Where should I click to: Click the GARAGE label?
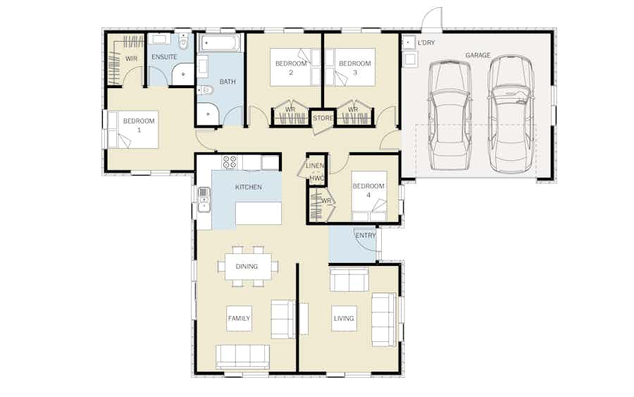[478, 55]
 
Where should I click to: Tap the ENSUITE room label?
[164, 57]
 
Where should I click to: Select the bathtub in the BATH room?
[220, 42]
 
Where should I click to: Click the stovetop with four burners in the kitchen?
[229, 162]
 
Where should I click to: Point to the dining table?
[248, 266]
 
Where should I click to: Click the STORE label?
[323, 118]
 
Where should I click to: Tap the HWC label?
[317, 178]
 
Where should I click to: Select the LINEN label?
[315, 166]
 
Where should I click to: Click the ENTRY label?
[365, 236]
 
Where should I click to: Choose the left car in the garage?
[449, 116]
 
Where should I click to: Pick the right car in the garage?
[511, 114]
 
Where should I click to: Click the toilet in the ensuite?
[184, 42]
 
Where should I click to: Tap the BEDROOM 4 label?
[368, 190]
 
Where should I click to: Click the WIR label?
[132, 59]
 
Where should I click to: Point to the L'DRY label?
[426, 43]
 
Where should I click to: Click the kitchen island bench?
[259, 213]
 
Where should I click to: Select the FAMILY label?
[239, 319]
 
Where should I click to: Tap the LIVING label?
[344, 319]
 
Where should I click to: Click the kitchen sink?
[204, 200]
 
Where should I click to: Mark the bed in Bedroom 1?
[132, 130]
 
